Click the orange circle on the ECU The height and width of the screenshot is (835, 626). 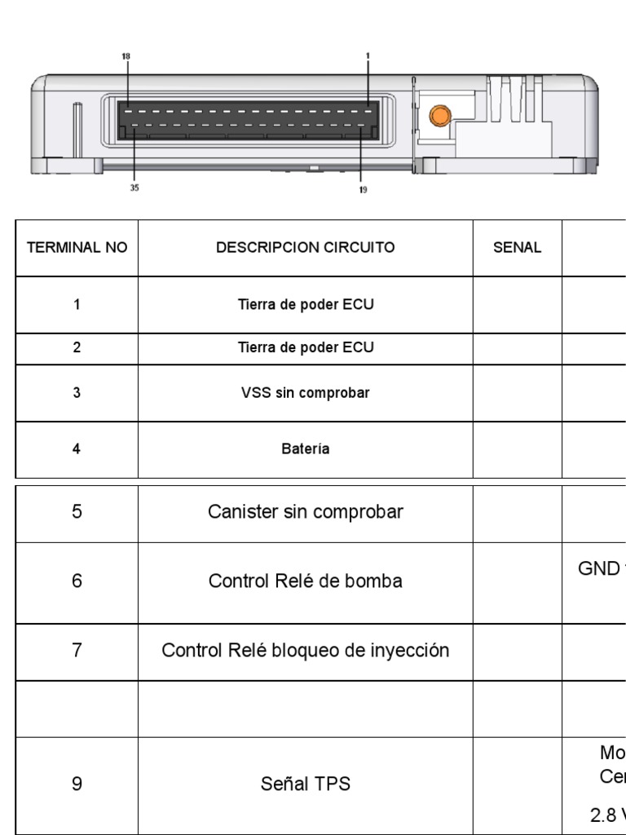coord(439,116)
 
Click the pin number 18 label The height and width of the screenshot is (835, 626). coord(126,56)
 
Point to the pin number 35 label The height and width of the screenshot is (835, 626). coord(134,188)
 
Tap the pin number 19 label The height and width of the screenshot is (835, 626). coord(363,190)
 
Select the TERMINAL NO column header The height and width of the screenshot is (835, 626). coord(77,248)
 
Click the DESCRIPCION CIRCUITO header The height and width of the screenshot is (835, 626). coord(306,248)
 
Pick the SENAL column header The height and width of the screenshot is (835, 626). coord(518,248)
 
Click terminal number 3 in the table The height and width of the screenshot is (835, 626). coord(77,393)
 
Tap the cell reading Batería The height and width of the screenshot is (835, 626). coord(306,449)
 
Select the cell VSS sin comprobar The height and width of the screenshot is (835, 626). coord(306,393)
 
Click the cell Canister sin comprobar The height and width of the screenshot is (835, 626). coord(306,513)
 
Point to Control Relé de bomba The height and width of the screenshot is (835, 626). coord(306,581)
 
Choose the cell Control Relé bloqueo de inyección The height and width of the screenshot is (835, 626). coord(306,652)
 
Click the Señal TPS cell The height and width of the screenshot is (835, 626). coord(306,784)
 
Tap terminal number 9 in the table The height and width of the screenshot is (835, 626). coord(77,784)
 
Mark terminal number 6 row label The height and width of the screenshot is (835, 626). coord(77,581)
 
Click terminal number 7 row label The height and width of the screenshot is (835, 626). coord(77,652)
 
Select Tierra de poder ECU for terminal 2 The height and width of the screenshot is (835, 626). coord(306,347)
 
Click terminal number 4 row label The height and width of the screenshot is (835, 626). coord(77,449)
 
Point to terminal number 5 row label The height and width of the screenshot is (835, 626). coord(77,513)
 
